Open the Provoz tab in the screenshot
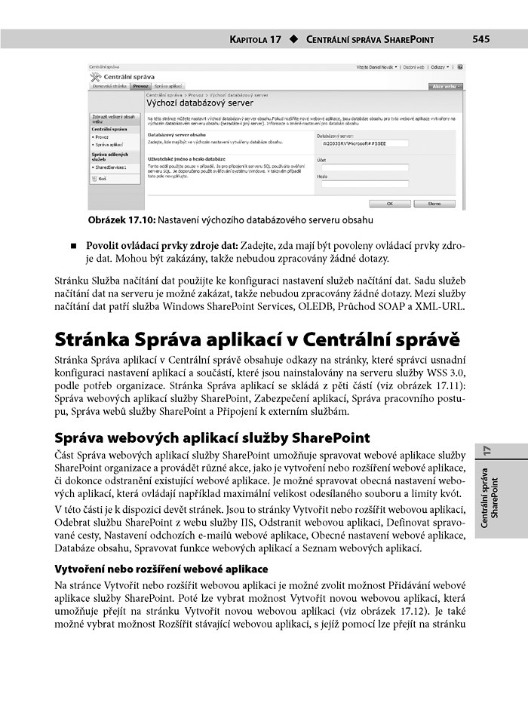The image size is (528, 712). (141, 87)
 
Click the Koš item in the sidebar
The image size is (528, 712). (102, 178)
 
